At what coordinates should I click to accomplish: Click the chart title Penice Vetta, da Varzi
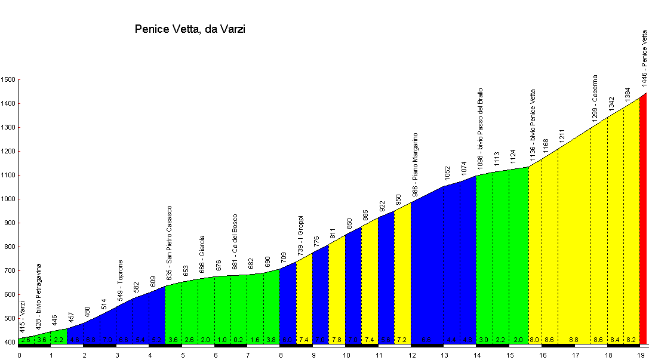point(190,29)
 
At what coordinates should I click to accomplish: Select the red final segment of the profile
point(643,221)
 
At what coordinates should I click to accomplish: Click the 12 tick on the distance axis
point(411,355)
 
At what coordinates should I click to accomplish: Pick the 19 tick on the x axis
point(641,355)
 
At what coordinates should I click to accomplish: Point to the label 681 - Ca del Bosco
point(235,242)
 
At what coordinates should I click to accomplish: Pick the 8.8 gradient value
point(574,340)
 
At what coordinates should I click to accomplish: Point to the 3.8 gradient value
point(272,340)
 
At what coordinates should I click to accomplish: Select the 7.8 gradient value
point(337,340)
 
